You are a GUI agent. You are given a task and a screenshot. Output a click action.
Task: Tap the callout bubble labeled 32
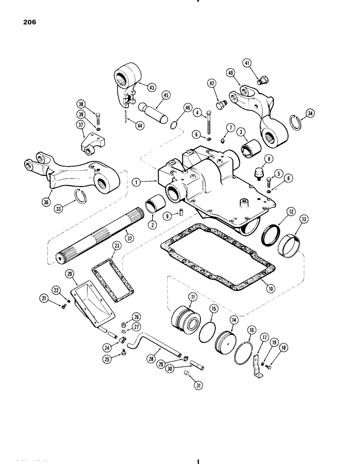click(129, 238)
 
